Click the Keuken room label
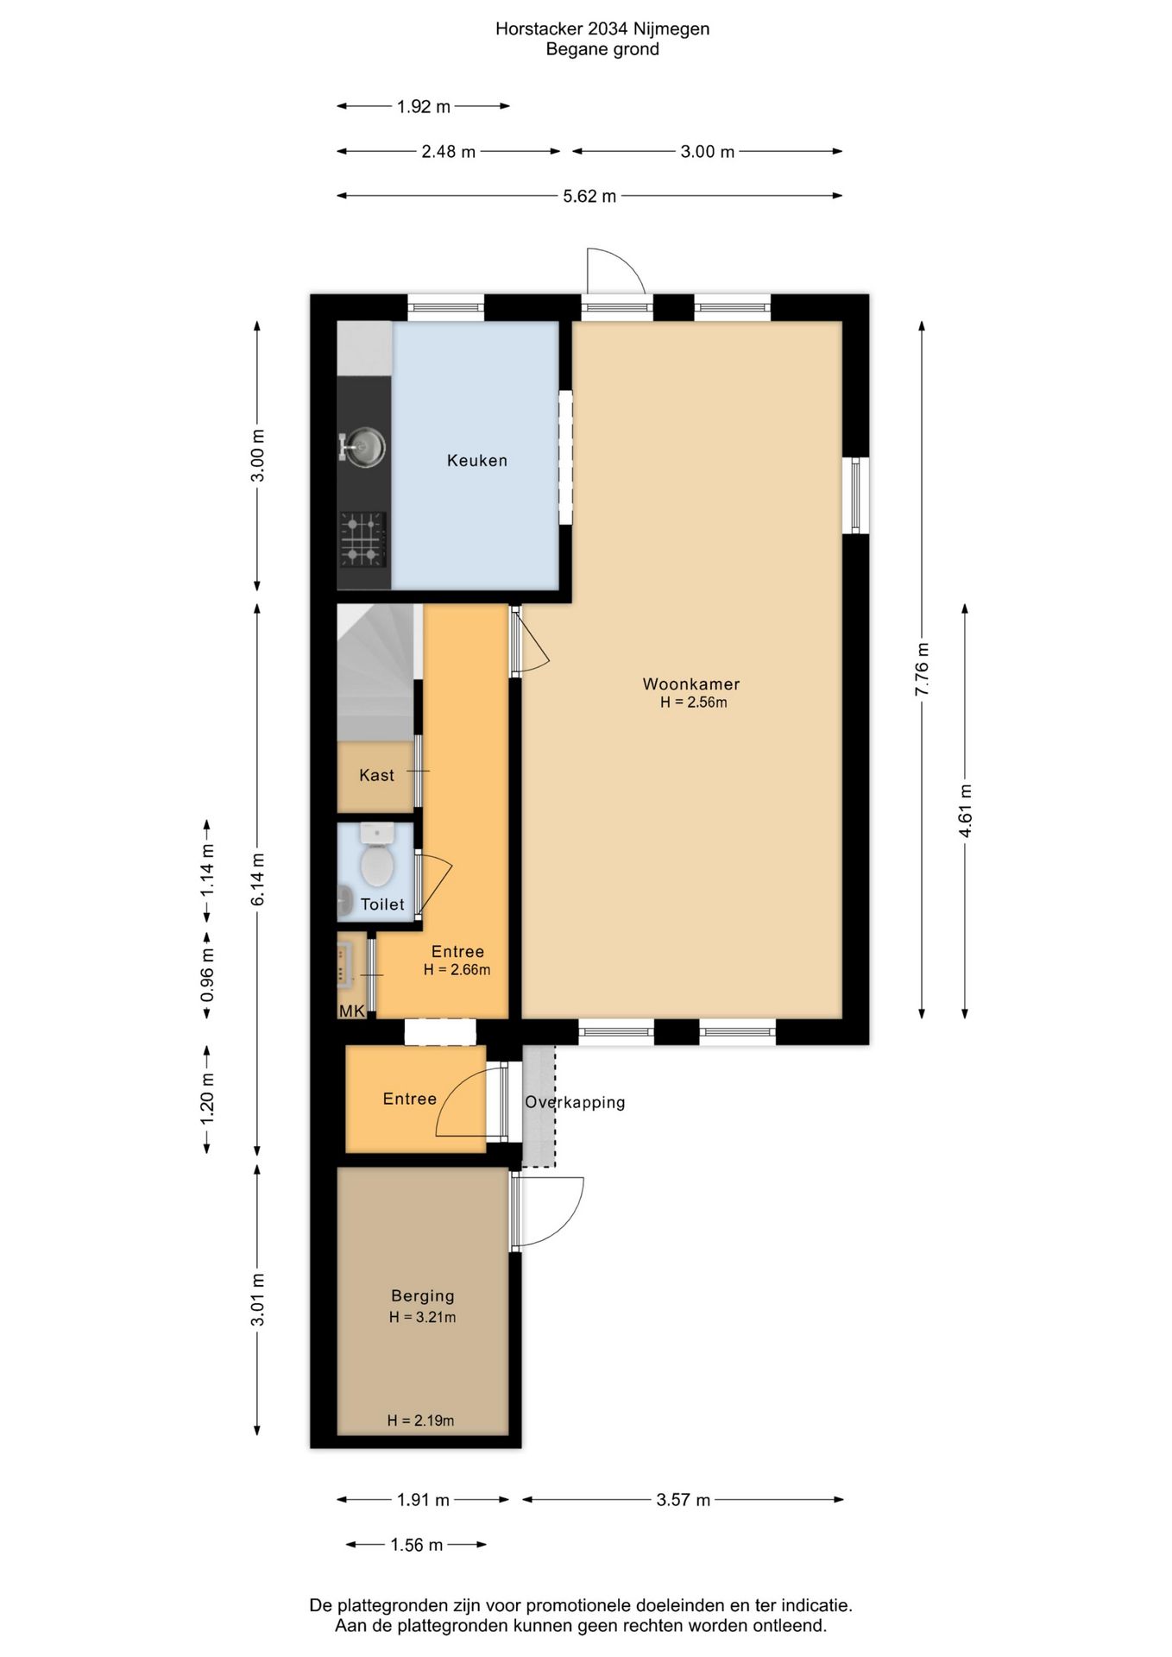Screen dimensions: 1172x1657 coord(476,461)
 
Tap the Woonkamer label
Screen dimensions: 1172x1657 coord(691,684)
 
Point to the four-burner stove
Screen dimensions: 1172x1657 coord(362,539)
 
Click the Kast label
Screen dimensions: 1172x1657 coord(376,775)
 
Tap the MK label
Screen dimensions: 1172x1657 coord(352,1011)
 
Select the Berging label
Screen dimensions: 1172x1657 coord(423,1295)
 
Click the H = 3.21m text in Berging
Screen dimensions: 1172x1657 coord(423,1317)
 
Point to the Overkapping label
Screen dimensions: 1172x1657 coord(575,1102)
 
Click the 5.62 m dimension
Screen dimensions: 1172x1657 coord(589,196)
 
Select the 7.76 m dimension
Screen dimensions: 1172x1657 coord(923,670)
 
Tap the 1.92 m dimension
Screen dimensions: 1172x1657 coord(424,107)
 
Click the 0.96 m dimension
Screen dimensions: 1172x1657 coord(207,975)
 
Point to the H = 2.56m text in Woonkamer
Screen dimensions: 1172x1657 coord(694,702)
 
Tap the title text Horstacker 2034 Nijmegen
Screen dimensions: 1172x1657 coord(602,28)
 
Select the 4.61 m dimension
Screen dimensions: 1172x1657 coord(965,810)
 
